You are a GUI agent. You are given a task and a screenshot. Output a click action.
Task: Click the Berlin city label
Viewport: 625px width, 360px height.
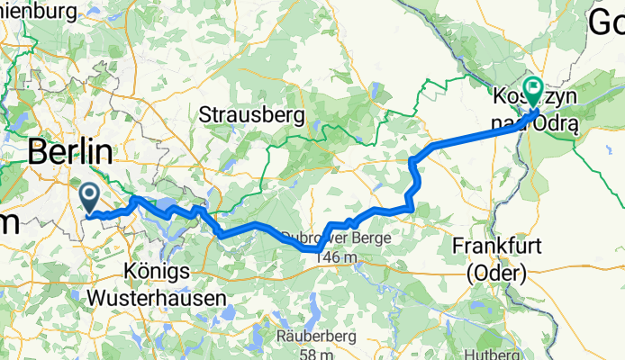click(x=71, y=151)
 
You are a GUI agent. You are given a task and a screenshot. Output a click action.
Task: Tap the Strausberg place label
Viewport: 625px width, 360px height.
click(x=251, y=115)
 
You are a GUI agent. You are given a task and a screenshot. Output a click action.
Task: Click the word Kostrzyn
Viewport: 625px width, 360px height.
click(x=526, y=95)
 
